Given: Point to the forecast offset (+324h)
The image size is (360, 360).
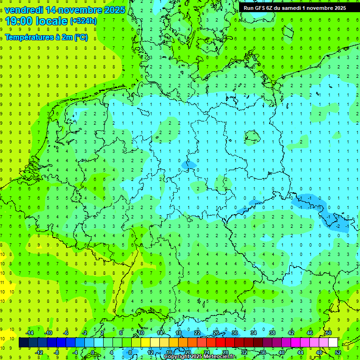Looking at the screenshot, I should point(83,22).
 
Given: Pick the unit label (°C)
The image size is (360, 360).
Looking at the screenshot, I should point(81,37).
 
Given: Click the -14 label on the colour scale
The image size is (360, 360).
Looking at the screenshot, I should point(30,333).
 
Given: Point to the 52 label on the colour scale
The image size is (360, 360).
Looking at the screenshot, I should point(338,352).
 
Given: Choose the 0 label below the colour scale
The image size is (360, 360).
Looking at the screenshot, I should point(92,352).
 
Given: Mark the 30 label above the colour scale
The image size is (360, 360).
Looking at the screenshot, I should point(235,333).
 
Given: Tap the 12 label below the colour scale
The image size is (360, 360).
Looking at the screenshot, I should point(150,352).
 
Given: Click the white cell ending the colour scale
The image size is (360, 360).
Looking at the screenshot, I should point(333,343).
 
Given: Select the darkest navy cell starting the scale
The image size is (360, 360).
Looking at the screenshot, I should point(24,343).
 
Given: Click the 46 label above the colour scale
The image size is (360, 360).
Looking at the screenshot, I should point(310,333).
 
